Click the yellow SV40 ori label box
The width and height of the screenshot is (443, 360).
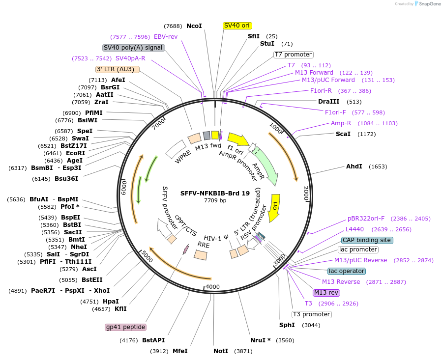237,25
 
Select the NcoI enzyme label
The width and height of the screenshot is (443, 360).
194,26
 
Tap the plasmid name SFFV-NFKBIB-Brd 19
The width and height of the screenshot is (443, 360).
215,193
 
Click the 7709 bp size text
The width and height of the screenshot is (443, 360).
215,200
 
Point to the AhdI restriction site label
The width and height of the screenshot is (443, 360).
354,166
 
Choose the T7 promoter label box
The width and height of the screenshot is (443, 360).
293,55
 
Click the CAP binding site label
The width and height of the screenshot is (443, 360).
367,240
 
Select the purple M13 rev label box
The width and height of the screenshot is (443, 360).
326,293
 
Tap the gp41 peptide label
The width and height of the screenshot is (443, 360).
126,327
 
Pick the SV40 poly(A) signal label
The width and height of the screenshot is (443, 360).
133,48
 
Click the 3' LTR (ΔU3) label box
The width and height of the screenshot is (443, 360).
118,69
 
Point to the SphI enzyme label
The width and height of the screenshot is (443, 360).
287,325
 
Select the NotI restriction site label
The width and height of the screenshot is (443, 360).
221,351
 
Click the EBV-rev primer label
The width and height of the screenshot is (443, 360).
166,36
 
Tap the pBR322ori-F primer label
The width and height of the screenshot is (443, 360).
366,219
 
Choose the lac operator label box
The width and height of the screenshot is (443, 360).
347,271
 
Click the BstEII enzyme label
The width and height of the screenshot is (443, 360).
92,280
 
